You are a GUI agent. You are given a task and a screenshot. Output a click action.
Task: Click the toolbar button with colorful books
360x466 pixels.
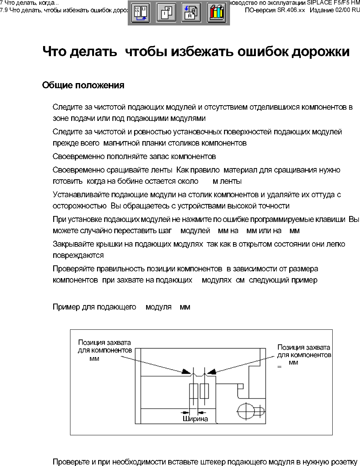tap(217, 13)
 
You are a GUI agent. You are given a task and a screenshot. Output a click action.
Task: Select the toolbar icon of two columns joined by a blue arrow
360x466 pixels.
tap(140, 13)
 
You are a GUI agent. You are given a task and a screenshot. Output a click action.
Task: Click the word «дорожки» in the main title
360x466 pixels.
tap(320, 52)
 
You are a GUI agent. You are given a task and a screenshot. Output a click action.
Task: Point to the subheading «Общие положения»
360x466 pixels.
tap(83, 85)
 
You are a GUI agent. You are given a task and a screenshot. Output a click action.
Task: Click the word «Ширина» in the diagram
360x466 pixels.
tap(195, 419)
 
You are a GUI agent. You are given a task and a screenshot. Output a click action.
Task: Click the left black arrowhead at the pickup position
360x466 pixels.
tap(186, 371)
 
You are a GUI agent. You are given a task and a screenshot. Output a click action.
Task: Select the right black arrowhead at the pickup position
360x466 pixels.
tap(212, 372)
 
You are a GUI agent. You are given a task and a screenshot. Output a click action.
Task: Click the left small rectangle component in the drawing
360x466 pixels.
tap(193, 392)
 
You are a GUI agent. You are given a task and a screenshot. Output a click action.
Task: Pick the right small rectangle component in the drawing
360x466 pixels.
tap(205, 391)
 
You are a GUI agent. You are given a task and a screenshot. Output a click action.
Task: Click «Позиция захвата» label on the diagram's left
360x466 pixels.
tap(105, 342)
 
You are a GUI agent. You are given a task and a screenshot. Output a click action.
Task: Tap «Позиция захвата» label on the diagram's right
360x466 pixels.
tap(303, 347)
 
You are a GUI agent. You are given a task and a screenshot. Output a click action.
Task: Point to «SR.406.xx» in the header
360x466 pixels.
tap(291, 10)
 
